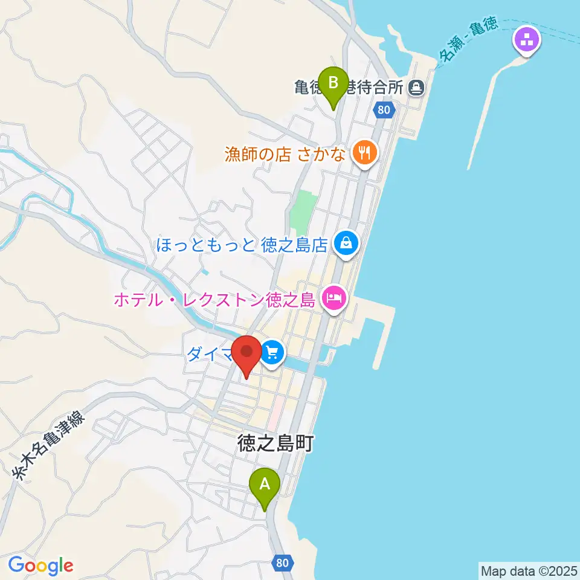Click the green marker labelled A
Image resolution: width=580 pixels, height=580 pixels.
[265, 485]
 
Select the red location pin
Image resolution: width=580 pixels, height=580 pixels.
[247, 353]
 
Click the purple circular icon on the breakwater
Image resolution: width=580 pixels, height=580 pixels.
[526, 41]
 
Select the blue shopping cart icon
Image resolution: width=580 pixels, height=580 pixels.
[272, 352]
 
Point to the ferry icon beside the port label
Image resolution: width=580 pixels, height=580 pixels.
[415, 88]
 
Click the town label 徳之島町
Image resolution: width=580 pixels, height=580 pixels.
[275, 444]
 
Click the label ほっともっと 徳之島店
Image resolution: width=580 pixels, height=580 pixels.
[242, 245]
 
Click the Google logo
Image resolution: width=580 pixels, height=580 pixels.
[40, 565]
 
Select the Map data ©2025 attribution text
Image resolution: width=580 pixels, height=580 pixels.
[529, 570]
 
